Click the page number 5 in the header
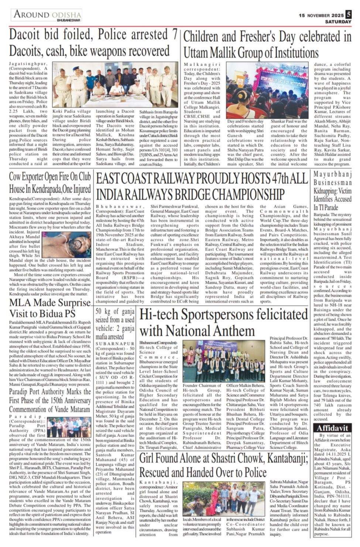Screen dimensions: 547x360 [x=349, y=14]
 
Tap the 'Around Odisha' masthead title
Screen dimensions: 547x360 [x=47, y=15]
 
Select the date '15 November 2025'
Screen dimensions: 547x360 [x=321, y=16]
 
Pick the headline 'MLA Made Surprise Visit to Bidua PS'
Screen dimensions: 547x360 [x=50, y=308]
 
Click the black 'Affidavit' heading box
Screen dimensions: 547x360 [x=333, y=428]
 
